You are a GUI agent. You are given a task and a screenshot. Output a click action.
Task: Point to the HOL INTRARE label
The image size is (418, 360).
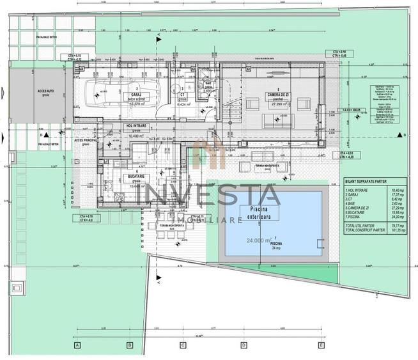tap(137, 127)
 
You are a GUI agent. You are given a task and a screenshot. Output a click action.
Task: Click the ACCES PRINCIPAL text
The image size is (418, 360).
tap(86, 139)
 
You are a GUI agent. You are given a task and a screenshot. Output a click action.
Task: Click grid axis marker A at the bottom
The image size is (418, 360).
tap(77, 346)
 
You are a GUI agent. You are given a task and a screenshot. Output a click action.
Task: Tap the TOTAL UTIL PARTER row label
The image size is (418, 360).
tap(360, 226)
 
